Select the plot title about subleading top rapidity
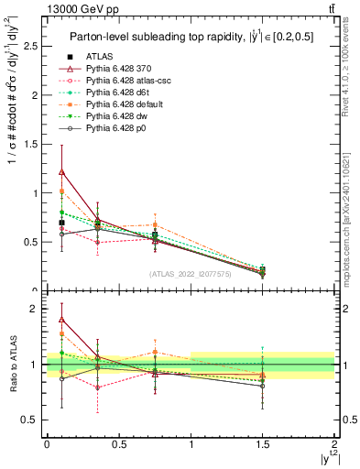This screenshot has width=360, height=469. (190, 37)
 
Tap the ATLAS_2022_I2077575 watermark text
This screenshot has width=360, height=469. (190, 274)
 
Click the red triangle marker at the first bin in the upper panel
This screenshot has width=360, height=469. (61, 171)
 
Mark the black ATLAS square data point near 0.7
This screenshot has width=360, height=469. (61, 223)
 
